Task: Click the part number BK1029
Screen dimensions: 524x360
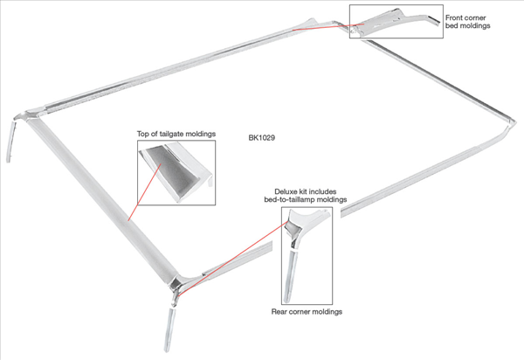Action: (x=262, y=138)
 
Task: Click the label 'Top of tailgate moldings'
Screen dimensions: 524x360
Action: (x=176, y=134)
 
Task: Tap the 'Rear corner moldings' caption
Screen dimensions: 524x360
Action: (x=307, y=312)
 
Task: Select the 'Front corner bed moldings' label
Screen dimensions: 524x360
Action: (x=467, y=21)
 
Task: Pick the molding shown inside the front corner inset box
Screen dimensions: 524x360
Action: (x=395, y=21)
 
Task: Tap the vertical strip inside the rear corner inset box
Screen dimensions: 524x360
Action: (x=291, y=276)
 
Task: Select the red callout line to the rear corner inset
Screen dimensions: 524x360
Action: (x=233, y=259)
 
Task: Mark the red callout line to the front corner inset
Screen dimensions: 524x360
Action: (x=328, y=27)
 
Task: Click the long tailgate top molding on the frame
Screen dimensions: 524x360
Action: (x=101, y=197)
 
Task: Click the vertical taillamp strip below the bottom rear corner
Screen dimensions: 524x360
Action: (x=169, y=329)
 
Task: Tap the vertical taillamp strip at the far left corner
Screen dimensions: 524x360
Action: (x=10, y=142)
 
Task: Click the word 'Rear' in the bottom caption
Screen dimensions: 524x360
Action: (x=279, y=312)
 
